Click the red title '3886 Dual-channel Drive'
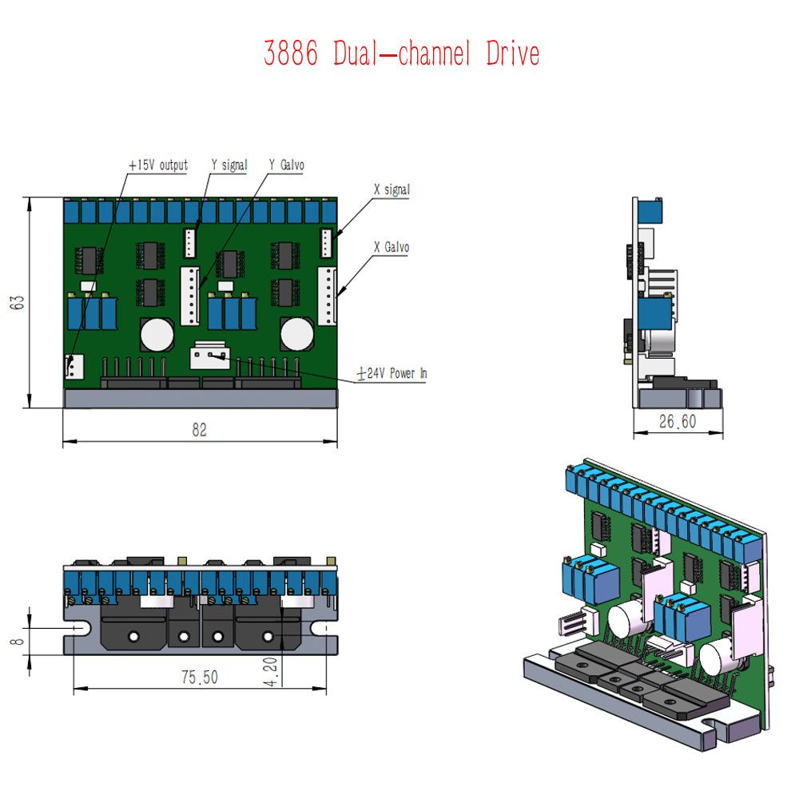pyautogui.click(x=402, y=53)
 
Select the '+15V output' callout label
pyautogui.click(x=158, y=165)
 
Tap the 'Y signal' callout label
pyautogui.click(x=229, y=165)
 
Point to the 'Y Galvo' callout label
pyautogui.click(x=286, y=165)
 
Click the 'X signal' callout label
pyautogui.click(x=392, y=189)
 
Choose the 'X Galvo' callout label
pyautogui.click(x=392, y=247)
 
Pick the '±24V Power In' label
pyautogui.click(x=392, y=373)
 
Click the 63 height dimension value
pyautogui.click(x=17, y=302)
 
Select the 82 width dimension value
pyautogui.click(x=199, y=430)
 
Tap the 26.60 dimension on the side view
pyautogui.click(x=678, y=421)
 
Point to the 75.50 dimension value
pyautogui.click(x=199, y=678)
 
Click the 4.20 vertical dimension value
pyautogui.click(x=271, y=672)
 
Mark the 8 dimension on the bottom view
pyautogui.click(x=17, y=641)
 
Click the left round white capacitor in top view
pyautogui.click(x=157, y=335)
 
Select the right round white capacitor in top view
pyautogui.click(x=297, y=334)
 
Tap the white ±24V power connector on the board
pyautogui.click(x=210, y=356)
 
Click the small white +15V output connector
pyautogui.click(x=74, y=367)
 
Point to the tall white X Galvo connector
pyautogui.click(x=327, y=296)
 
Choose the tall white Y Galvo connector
pyautogui.click(x=190, y=296)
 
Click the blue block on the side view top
pyautogui.click(x=650, y=212)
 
